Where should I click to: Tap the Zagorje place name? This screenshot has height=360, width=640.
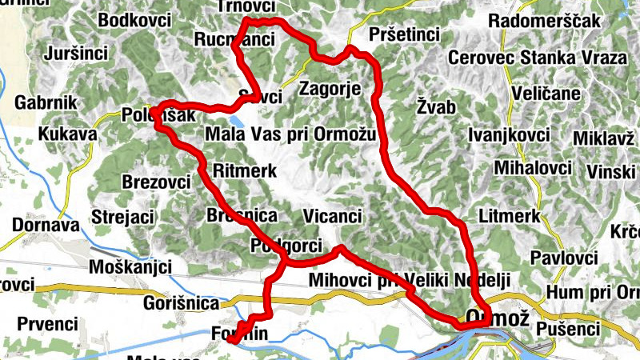[x=329, y=88]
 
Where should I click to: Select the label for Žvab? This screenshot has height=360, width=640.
[x=435, y=106]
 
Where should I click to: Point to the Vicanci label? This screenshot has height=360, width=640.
[x=334, y=215]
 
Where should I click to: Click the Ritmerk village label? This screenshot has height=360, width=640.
[x=245, y=170]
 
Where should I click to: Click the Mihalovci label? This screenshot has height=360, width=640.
[x=533, y=168]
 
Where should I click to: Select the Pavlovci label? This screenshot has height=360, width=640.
[x=564, y=258]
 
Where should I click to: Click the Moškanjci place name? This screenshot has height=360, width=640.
[x=129, y=266]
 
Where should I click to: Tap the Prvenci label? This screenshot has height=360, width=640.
[x=50, y=324]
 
